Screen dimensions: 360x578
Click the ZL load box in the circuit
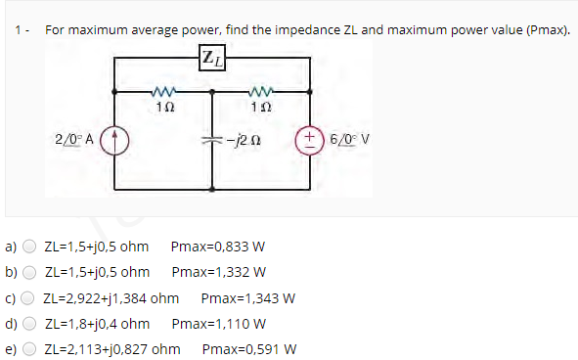tap(212, 59)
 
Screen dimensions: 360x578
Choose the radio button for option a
tap(30, 247)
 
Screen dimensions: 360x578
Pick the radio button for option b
tap(30, 272)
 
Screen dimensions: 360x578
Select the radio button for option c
tap(30, 298)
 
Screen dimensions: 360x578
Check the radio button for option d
tap(30, 324)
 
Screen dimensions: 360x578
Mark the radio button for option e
tap(30, 349)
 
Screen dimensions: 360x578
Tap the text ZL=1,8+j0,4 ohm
tap(97, 324)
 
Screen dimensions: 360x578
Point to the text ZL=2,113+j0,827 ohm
tap(112, 349)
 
